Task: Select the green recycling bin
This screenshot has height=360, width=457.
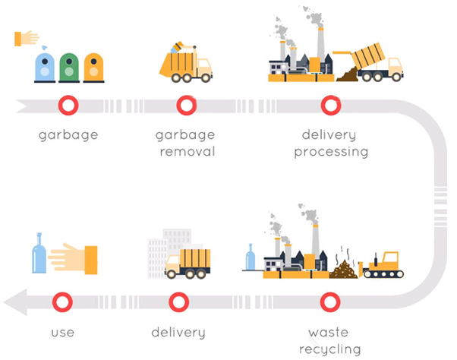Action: click(x=69, y=68)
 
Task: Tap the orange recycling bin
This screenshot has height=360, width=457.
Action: click(x=93, y=68)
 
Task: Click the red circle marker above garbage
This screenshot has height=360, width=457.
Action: click(x=69, y=105)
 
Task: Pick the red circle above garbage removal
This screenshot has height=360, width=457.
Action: click(x=186, y=105)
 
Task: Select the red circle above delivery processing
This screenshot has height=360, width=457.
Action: click(x=331, y=105)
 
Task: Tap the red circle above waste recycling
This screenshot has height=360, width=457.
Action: click(x=331, y=302)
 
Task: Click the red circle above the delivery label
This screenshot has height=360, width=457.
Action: click(x=178, y=302)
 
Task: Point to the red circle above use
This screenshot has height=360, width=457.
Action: click(x=63, y=302)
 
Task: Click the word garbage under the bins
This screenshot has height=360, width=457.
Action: click(x=69, y=136)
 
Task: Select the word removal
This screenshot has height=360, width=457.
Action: click(x=186, y=151)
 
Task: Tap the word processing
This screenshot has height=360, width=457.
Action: click(x=335, y=151)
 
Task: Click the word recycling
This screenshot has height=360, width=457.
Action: click(x=335, y=349)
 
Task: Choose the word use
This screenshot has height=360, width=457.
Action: click(x=63, y=333)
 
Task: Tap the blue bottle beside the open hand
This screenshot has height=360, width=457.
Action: click(x=39, y=253)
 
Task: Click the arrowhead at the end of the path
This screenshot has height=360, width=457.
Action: click(x=15, y=302)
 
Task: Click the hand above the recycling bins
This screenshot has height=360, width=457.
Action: click(x=27, y=37)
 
